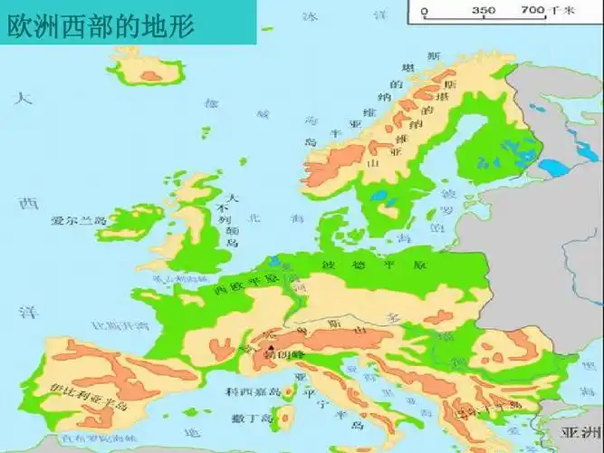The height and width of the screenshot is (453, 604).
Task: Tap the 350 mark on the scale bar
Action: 484,11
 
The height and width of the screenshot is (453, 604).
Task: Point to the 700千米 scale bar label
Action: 545,11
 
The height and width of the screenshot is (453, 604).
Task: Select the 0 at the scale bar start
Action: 425,11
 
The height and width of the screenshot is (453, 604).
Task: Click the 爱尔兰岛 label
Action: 79,220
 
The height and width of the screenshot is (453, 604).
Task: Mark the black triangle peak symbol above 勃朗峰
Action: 269,345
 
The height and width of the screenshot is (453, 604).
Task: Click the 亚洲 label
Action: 580,429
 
